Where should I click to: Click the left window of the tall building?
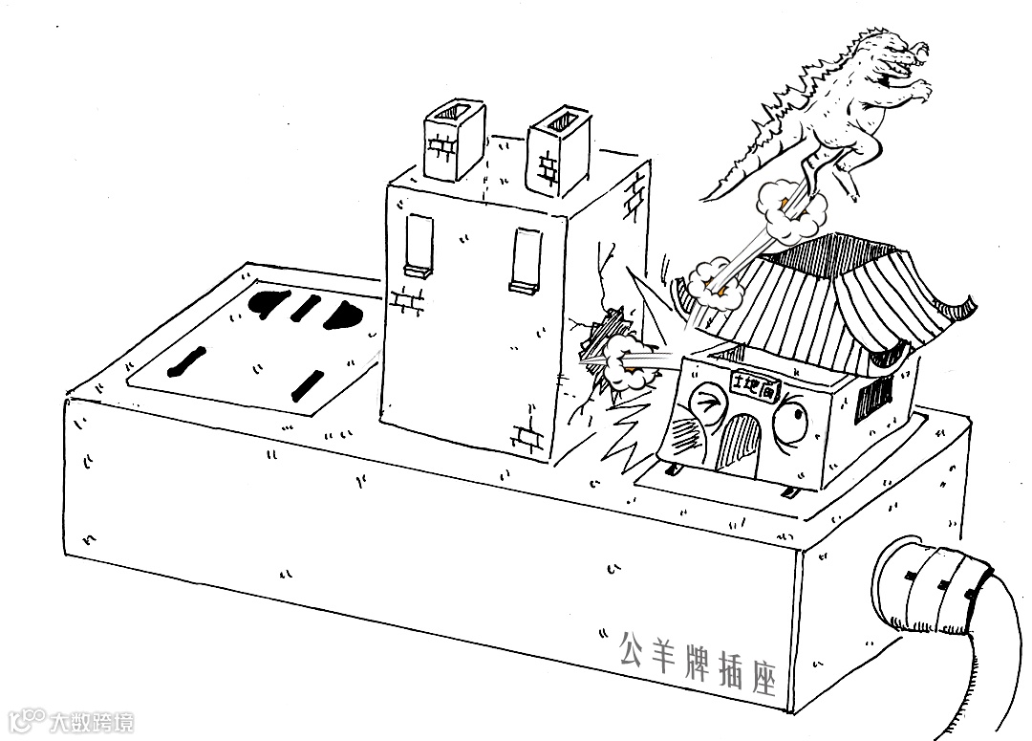[418, 245]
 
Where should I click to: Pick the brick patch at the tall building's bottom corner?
[529, 436]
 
